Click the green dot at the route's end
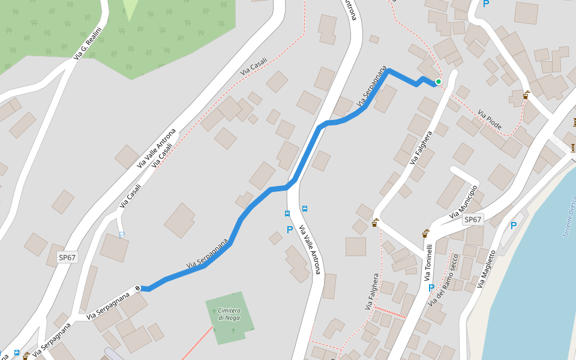point(439,82)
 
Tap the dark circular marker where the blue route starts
point(138,288)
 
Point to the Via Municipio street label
point(463,202)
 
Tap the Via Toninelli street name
point(428,262)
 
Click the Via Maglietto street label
point(487,269)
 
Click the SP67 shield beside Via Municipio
point(473,220)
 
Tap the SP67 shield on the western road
point(67,257)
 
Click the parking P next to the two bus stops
point(290,229)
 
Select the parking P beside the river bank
point(513,226)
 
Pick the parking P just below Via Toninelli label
point(431,288)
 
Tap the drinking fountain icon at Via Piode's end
point(526,95)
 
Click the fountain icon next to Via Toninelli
point(425,233)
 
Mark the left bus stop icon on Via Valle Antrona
point(287,213)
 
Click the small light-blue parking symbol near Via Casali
point(122,235)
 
